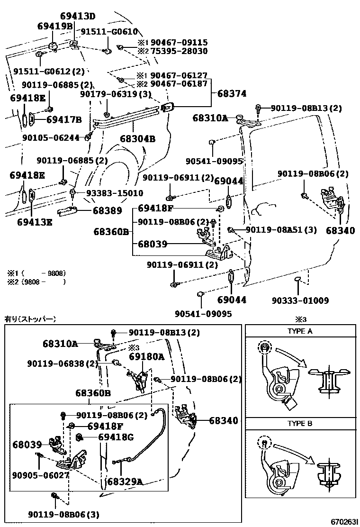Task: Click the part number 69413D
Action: point(78,17)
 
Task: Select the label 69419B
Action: point(54,26)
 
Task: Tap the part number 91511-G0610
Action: point(108,32)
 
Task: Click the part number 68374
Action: point(232,94)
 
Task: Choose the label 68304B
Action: point(137,139)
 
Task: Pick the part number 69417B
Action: point(64,119)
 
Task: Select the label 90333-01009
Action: point(300,300)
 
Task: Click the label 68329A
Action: point(125,482)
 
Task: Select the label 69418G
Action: point(116,437)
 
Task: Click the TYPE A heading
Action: point(300,331)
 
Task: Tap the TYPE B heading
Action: point(300,424)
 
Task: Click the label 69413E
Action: point(35,221)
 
